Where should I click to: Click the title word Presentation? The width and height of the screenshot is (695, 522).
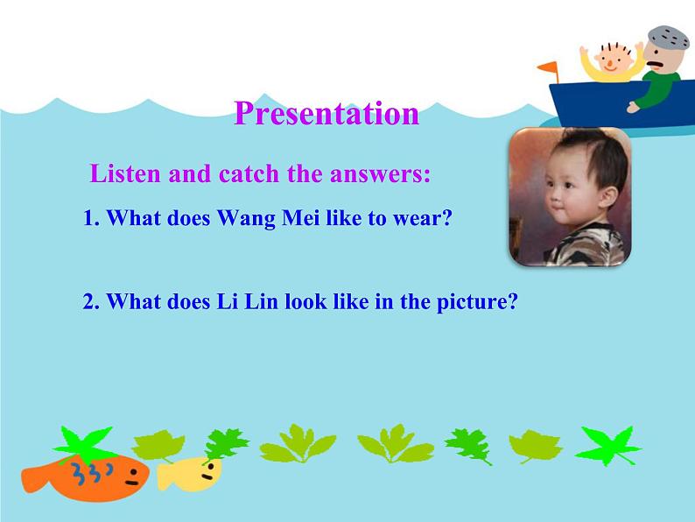[326, 114]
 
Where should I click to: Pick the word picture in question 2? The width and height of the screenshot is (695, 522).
[475, 302]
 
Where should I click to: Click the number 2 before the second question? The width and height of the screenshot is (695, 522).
[89, 302]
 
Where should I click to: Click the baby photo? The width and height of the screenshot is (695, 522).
[570, 196]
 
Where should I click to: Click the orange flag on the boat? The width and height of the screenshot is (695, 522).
[547, 67]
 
